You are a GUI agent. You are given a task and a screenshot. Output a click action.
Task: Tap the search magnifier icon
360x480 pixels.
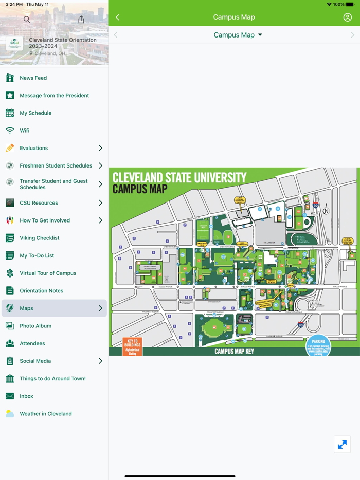click(27, 20)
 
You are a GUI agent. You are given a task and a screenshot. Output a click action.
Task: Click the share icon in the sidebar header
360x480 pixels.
click(81, 20)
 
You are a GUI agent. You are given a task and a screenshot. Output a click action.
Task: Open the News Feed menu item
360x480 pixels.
click(33, 78)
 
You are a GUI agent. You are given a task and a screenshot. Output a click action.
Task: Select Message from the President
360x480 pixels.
click(54, 96)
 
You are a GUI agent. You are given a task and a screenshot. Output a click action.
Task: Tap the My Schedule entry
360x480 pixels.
click(35, 113)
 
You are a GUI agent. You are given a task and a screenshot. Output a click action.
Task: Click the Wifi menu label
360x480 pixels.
click(24, 131)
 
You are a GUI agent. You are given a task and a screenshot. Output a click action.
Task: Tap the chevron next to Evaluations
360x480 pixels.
click(100, 148)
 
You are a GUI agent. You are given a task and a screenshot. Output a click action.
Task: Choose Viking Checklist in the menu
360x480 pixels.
click(40, 238)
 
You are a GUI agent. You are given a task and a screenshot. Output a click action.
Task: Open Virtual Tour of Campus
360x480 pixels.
click(48, 273)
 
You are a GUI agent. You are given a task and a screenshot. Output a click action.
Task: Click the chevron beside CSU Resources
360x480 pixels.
click(100, 203)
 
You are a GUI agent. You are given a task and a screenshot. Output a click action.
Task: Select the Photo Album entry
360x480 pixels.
click(35, 326)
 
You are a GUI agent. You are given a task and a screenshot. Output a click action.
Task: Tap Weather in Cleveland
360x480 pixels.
click(46, 414)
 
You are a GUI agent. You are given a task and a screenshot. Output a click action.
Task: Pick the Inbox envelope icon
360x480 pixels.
click(10, 396)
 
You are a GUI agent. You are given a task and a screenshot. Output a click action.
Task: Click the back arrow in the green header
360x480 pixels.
click(118, 17)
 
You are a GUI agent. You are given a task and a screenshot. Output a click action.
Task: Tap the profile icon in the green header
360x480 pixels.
click(348, 17)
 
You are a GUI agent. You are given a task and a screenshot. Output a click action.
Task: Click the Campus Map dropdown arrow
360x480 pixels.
click(260, 35)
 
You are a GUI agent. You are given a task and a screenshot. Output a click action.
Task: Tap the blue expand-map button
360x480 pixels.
click(342, 444)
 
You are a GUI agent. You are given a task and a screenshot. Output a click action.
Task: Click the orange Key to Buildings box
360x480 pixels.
click(132, 346)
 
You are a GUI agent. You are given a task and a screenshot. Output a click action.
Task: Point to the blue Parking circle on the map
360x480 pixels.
click(318, 345)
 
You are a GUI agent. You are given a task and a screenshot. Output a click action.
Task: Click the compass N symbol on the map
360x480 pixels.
click(326, 211)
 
